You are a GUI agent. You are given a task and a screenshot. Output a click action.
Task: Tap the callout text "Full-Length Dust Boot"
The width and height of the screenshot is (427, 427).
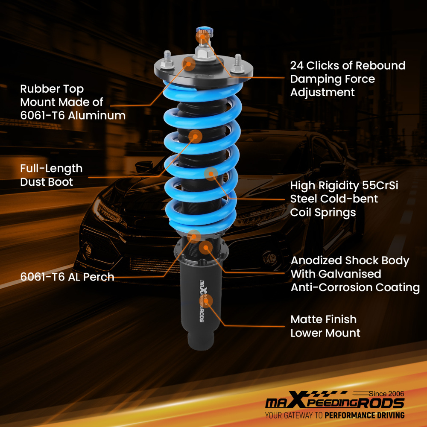click(x=51, y=175)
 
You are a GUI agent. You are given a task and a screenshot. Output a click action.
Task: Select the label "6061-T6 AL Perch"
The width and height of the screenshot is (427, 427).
click(x=67, y=277)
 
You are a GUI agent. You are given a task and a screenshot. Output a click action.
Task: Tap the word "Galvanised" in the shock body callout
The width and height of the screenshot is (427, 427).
click(x=336, y=274)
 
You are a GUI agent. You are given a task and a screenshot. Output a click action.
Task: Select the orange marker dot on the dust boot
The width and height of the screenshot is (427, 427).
click(x=195, y=136)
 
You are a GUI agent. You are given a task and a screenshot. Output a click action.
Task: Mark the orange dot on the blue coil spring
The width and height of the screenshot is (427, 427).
click(x=211, y=173)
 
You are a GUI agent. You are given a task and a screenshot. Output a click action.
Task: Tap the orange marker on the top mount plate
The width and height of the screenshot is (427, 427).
click(x=189, y=64)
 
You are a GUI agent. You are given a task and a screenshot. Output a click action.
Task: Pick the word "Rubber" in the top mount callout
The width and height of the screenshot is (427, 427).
click(x=39, y=89)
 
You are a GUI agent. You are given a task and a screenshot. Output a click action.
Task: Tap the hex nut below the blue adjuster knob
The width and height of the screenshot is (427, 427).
click(x=202, y=53)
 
